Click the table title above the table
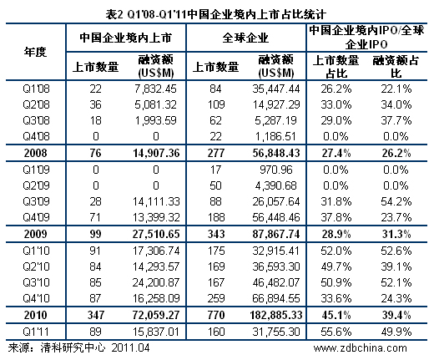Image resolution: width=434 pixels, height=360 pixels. click(217, 13)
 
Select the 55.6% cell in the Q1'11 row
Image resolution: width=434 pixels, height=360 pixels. click(339, 329)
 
